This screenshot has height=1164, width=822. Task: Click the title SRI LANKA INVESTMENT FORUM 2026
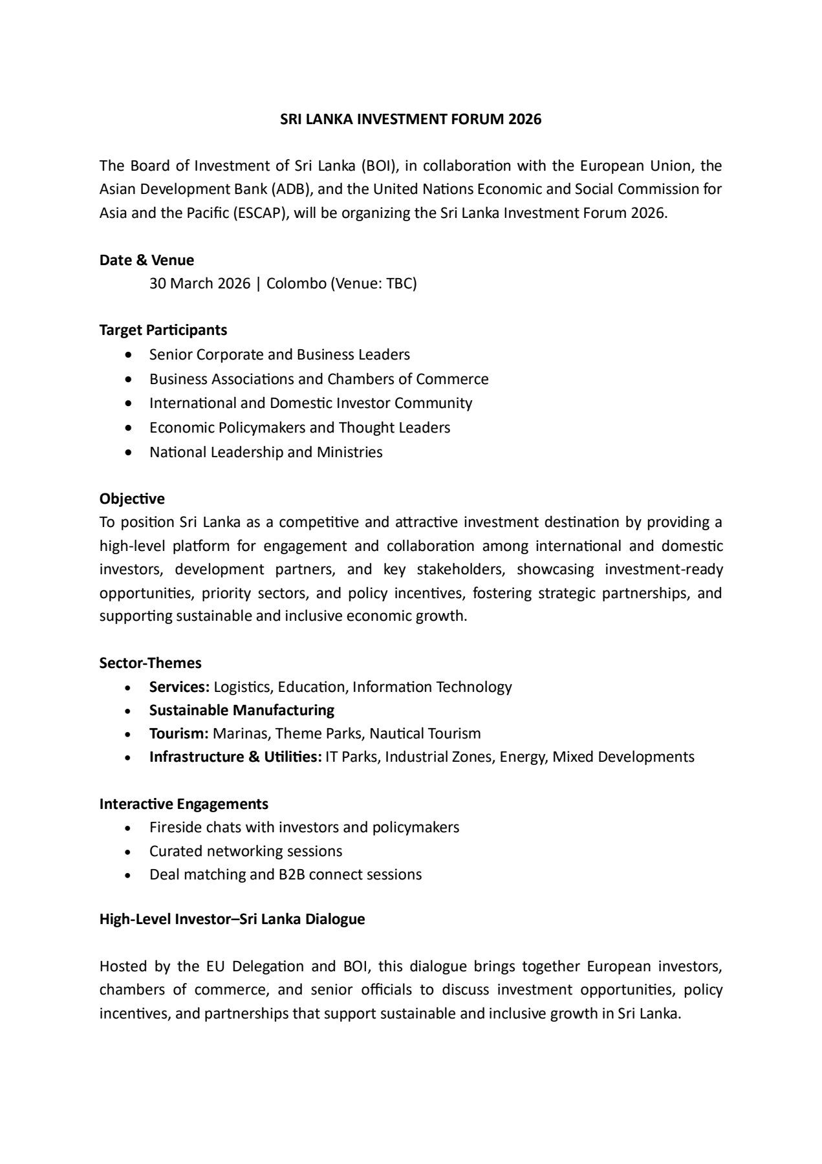coord(411,120)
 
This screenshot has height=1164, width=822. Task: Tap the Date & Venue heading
coord(147,260)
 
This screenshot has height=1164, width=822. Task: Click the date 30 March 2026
coord(199,283)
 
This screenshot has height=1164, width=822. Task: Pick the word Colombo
coord(296,283)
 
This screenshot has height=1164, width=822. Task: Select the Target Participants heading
coord(163,330)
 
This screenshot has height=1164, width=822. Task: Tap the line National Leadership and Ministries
coord(266,452)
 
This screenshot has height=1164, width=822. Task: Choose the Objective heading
coord(132,499)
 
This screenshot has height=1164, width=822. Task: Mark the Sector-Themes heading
coord(150,663)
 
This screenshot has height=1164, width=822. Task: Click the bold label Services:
coord(179,687)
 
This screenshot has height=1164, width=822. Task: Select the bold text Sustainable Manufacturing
coord(242,710)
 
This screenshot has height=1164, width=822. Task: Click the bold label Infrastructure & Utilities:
coord(235,757)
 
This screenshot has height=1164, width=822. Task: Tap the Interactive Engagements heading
coord(184,804)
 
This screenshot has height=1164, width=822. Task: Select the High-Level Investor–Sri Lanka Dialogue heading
coord(232,919)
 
